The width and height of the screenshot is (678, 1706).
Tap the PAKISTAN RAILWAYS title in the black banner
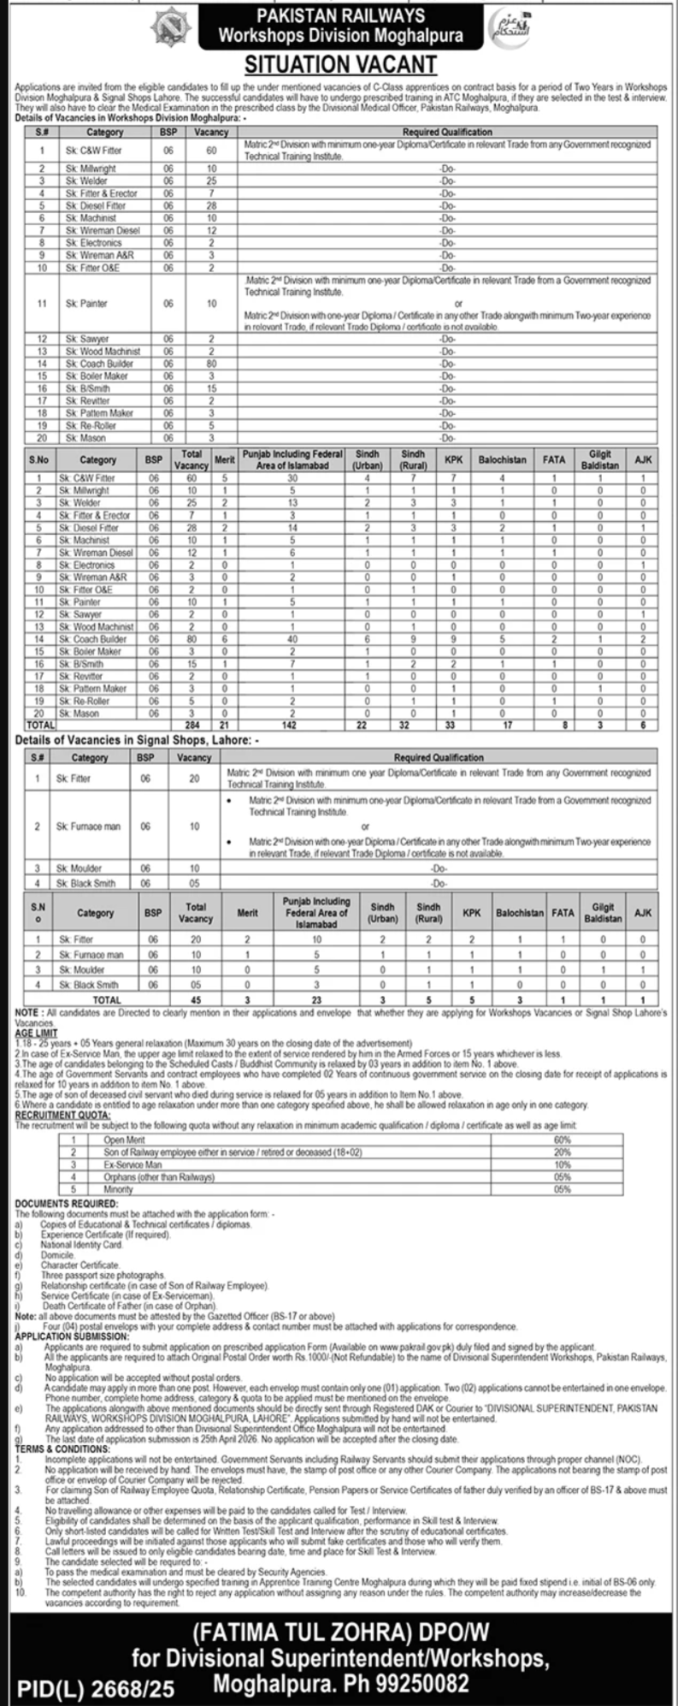pos(340,15)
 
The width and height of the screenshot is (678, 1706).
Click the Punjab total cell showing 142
pos(292,725)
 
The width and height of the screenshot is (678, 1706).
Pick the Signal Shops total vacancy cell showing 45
pos(195,998)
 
